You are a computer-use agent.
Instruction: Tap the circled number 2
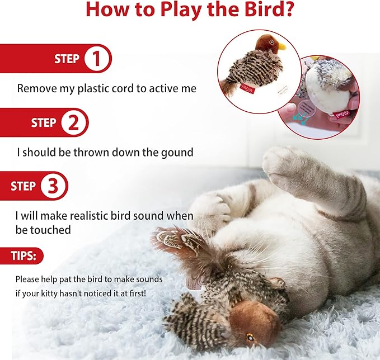(x=73, y=122)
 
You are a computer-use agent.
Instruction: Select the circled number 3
(x=54, y=186)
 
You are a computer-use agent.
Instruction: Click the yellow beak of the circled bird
(x=282, y=47)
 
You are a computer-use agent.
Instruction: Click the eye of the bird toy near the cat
(x=250, y=337)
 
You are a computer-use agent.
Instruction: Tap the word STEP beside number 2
(x=44, y=122)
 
